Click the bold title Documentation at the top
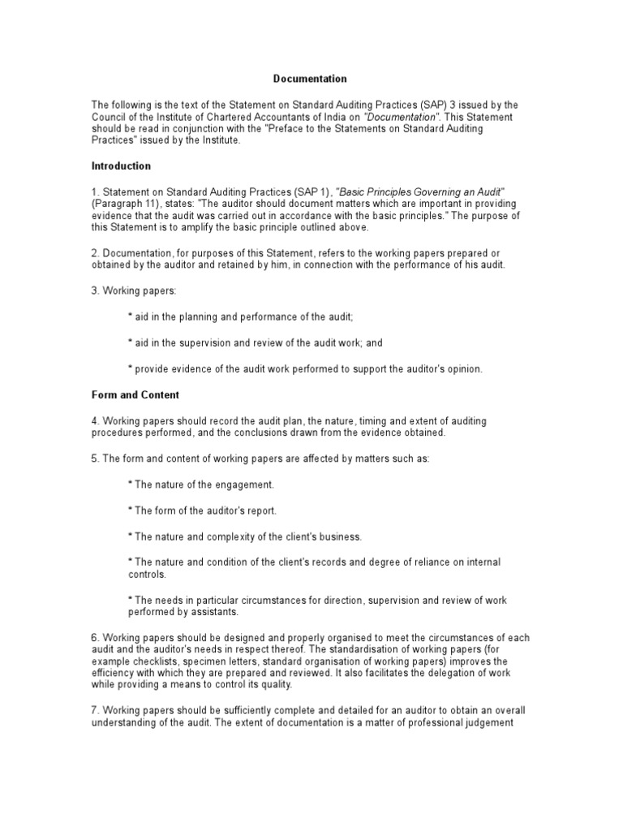[x=309, y=79]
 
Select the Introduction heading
[x=121, y=166]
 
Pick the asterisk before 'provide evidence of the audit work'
[x=131, y=368]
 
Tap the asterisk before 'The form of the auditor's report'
[x=131, y=510]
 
